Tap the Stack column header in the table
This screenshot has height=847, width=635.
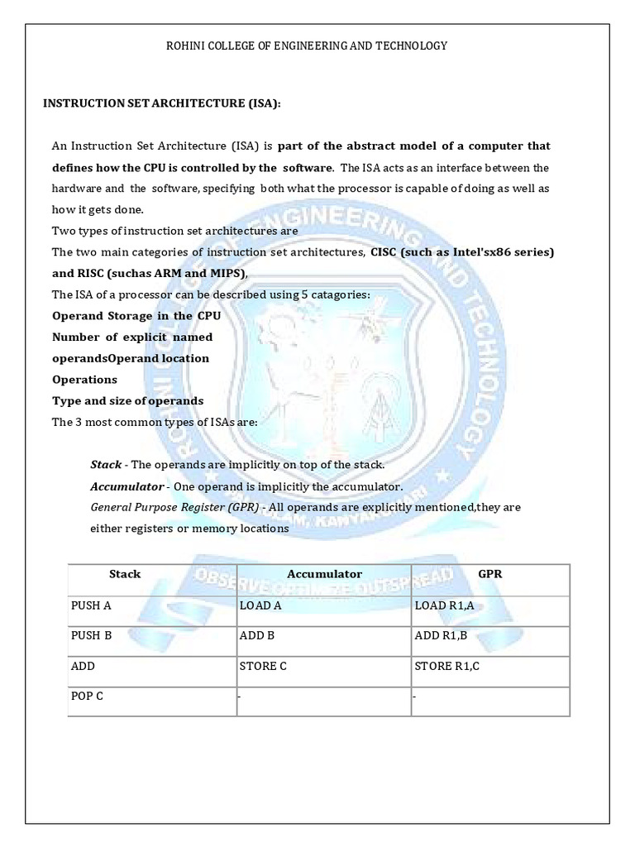click(125, 574)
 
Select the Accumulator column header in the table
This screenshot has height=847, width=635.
click(324, 574)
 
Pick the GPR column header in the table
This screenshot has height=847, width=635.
click(490, 574)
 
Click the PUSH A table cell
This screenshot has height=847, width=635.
click(91, 605)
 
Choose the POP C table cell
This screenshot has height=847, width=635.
click(88, 696)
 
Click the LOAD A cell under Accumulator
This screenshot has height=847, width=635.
click(261, 605)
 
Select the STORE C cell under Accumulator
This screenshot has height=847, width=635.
click(263, 666)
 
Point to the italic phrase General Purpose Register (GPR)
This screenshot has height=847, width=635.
click(174, 507)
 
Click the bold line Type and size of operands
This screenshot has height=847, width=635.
click(127, 400)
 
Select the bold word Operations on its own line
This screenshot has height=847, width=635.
click(84, 380)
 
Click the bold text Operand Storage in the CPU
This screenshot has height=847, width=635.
click(135, 315)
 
